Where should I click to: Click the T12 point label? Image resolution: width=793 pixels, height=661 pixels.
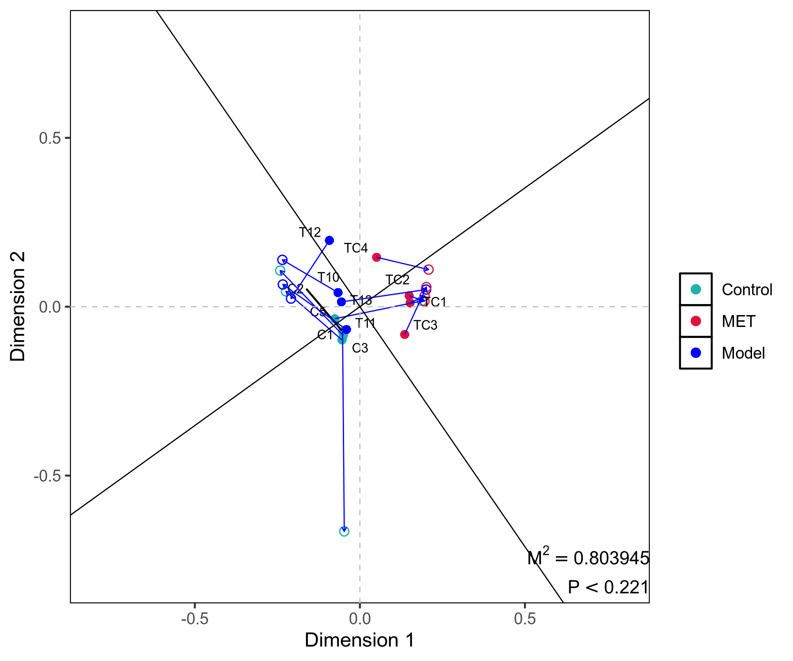310,232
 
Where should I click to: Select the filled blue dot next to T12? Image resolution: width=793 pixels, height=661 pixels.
330,240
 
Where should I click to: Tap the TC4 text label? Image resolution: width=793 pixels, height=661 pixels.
356,248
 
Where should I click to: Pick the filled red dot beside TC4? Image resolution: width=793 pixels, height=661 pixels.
376,257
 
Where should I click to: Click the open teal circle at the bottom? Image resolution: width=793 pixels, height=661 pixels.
344,531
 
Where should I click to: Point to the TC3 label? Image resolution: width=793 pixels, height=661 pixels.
425,325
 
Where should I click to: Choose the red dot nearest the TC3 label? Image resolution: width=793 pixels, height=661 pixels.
404,334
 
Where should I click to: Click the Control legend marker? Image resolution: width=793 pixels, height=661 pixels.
696,289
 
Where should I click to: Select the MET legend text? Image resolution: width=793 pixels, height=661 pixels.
738,321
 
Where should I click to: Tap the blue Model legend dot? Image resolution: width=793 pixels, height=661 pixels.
696,353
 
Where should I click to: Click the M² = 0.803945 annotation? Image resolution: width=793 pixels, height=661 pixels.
588,558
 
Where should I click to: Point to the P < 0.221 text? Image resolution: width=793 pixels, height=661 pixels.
608,587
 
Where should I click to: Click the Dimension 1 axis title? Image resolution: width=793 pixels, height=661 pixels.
359,640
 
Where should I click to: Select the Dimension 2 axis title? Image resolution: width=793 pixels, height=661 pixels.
18,306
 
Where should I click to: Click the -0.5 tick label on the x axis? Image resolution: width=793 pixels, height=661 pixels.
194,619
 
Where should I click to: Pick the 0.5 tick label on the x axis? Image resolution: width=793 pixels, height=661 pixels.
525,619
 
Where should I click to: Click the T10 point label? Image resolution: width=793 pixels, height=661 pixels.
328,277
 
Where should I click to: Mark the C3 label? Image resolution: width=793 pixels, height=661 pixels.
360,348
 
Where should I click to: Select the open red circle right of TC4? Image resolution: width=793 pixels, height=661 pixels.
428,269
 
